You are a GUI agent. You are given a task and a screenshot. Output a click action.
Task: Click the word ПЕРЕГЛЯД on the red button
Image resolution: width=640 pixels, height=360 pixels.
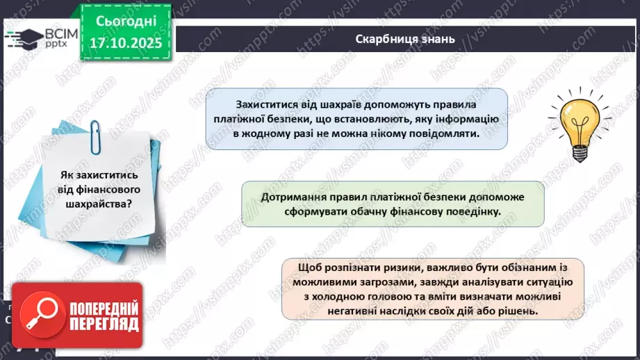[x=103, y=323]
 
